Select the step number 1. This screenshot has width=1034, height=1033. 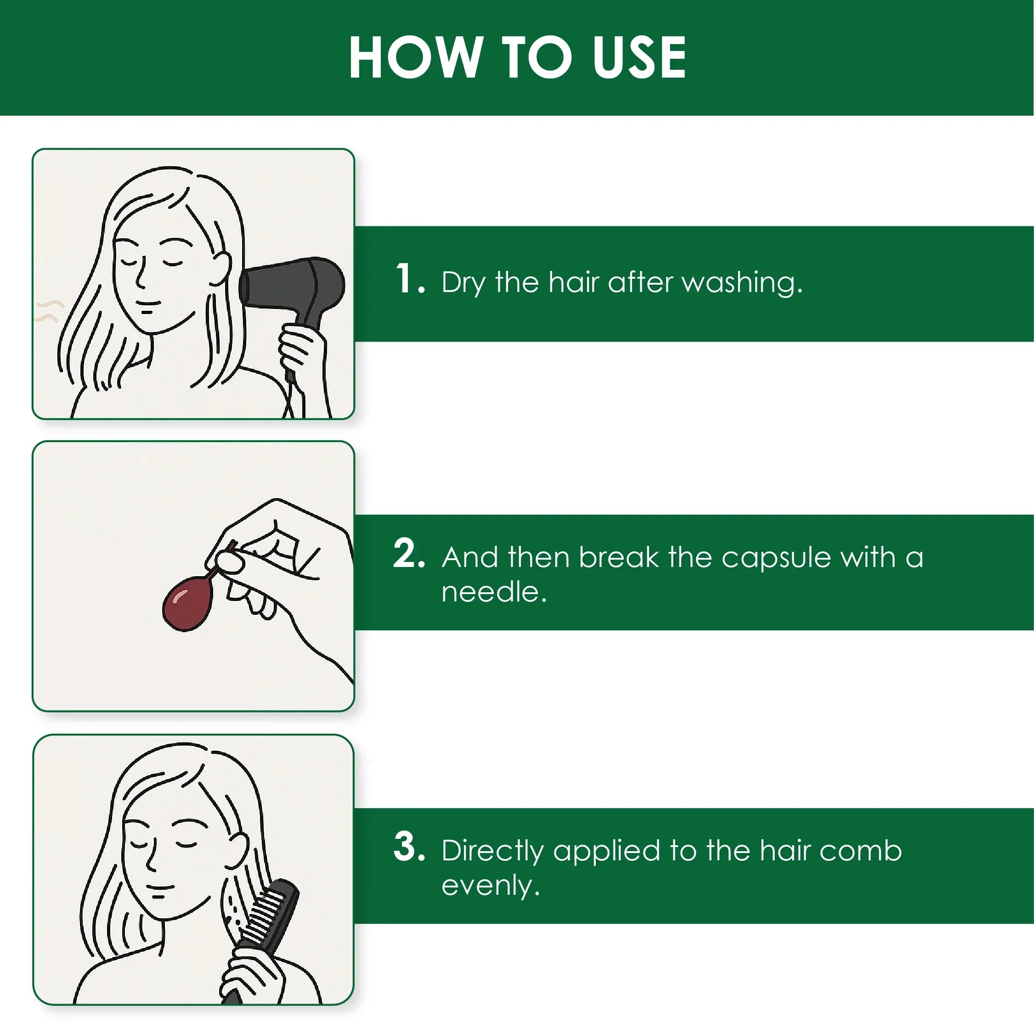pyautogui.click(x=410, y=278)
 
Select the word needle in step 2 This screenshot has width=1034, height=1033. pyautogui.click(x=494, y=591)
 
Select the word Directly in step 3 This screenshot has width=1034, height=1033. pyautogui.click(x=492, y=851)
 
